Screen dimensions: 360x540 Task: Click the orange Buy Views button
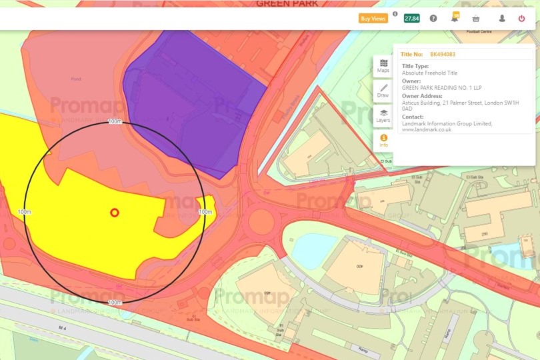[x=373, y=19]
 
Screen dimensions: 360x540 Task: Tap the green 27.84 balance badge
[x=411, y=19]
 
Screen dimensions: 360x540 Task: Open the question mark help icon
[x=433, y=19]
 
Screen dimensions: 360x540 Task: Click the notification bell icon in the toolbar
[x=455, y=19]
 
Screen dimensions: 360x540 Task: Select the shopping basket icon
[x=476, y=19]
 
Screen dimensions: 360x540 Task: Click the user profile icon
[x=502, y=19]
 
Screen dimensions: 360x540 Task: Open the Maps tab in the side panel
[x=383, y=66]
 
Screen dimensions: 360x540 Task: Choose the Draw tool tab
[x=383, y=91]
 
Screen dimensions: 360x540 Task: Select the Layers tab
[x=383, y=116]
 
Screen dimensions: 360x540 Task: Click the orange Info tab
[x=383, y=141]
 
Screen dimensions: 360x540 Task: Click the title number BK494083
[x=443, y=55]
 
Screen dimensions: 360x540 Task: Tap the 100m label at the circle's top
[x=115, y=121]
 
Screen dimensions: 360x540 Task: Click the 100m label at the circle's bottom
[x=115, y=303]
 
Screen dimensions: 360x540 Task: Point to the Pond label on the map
[x=75, y=79]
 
